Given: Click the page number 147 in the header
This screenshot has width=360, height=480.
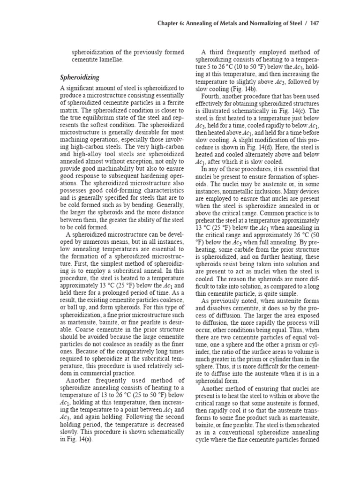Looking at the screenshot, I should click(x=313, y=23).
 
